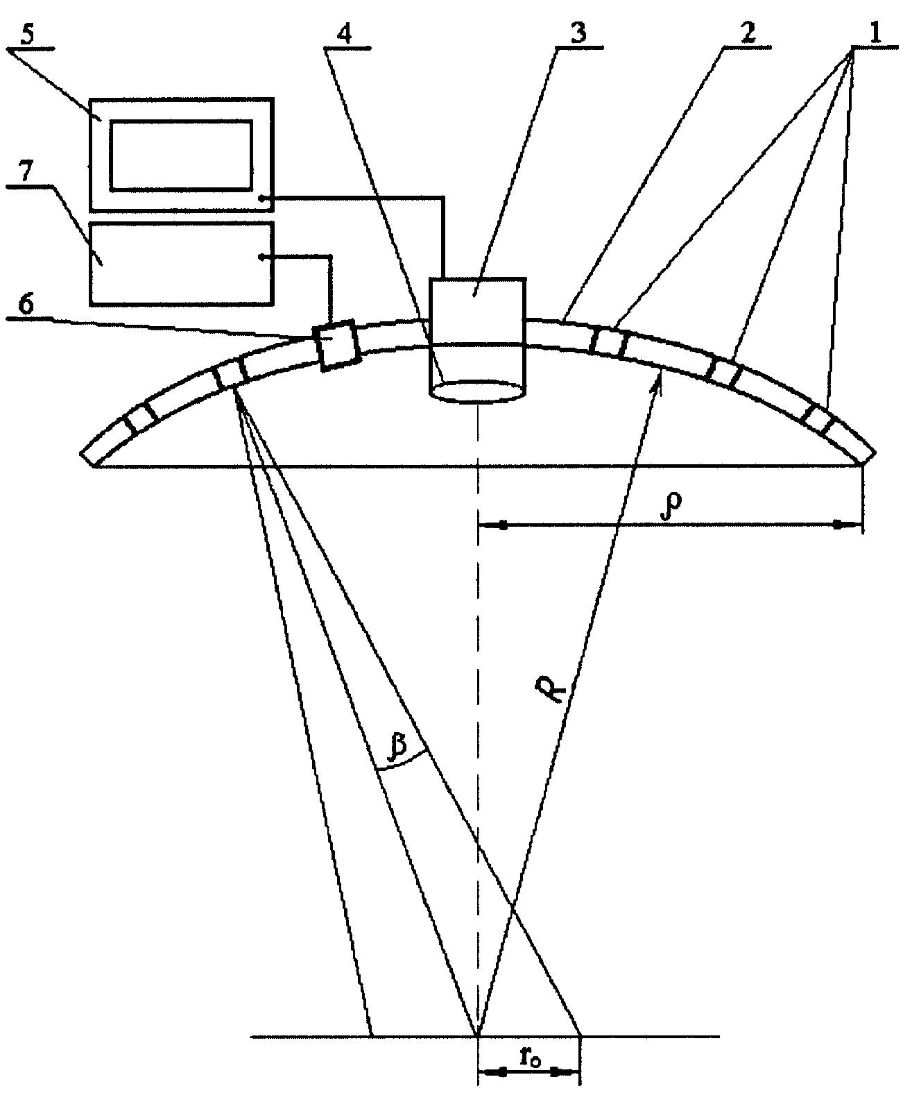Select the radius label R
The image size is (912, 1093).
(551, 688)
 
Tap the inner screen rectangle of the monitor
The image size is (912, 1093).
(181, 155)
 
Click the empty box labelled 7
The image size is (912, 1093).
(181, 263)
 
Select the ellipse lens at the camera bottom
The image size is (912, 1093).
(477, 391)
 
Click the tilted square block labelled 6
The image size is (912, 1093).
(336, 346)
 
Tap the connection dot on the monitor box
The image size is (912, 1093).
(261, 198)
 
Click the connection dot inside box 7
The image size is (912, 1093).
(261, 256)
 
